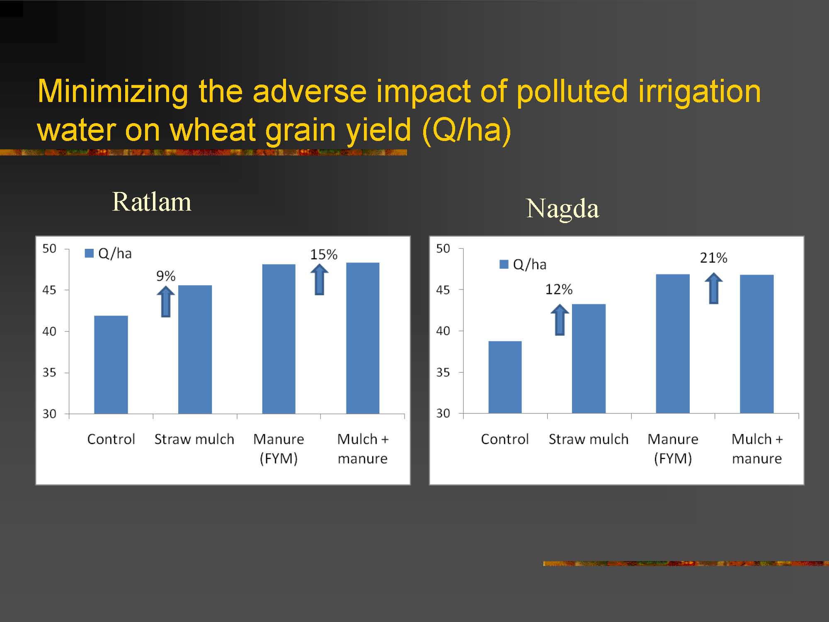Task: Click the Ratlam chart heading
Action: tap(152, 202)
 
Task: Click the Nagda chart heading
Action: tap(562, 209)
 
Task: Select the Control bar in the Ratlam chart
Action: tap(111, 364)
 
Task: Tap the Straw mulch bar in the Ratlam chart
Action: tap(195, 349)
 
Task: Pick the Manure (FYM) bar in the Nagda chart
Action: tap(673, 344)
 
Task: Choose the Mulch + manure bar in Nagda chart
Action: tap(757, 344)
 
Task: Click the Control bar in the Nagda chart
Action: tap(505, 377)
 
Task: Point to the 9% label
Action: tap(166, 276)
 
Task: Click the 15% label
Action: tap(324, 254)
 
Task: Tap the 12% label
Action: tap(559, 289)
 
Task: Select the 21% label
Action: tap(713, 258)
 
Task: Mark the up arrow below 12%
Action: tap(560, 320)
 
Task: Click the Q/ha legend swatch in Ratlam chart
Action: tap(89, 253)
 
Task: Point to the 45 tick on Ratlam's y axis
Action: tap(49, 290)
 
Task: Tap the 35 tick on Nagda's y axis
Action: tap(443, 372)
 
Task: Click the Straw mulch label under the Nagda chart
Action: tap(589, 439)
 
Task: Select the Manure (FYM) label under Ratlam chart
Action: tap(279, 449)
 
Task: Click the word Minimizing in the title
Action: tap(113, 92)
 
